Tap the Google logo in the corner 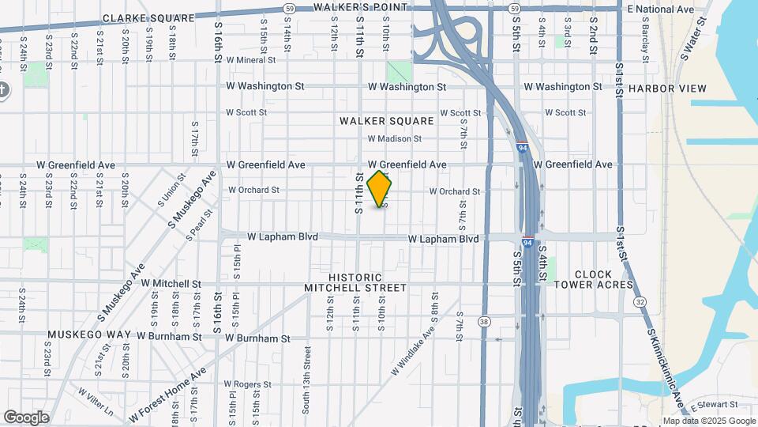click(26, 417)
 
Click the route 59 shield click(290, 8)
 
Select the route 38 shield click(484, 321)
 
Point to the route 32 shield click(640, 302)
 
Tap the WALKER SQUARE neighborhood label click(387, 121)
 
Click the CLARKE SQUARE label click(148, 17)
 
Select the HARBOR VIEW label click(668, 89)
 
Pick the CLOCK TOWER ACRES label click(593, 279)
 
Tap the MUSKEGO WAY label click(88, 335)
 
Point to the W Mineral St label click(250, 59)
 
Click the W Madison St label click(394, 139)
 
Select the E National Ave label click(660, 9)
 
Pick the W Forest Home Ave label click(168, 393)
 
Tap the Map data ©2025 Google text click(709, 421)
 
